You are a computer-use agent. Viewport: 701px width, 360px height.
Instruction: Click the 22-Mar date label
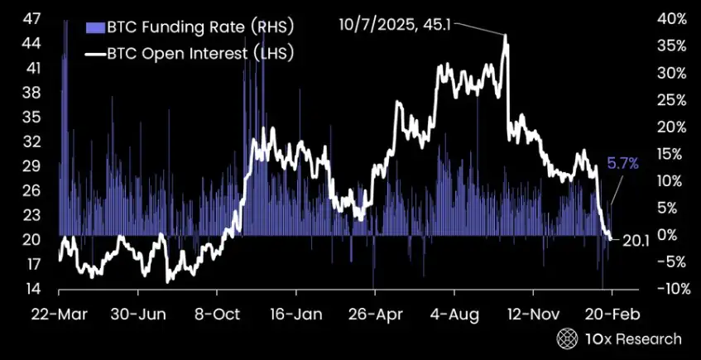click(59, 315)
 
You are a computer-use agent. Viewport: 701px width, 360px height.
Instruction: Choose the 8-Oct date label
click(217, 315)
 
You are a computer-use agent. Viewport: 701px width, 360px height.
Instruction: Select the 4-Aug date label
click(454, 315)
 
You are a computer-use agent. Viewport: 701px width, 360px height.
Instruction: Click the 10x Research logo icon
click(568, 338)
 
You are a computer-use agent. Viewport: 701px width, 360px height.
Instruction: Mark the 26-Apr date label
click(374, 315)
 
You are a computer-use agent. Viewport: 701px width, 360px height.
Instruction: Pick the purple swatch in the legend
click(92, 26)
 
